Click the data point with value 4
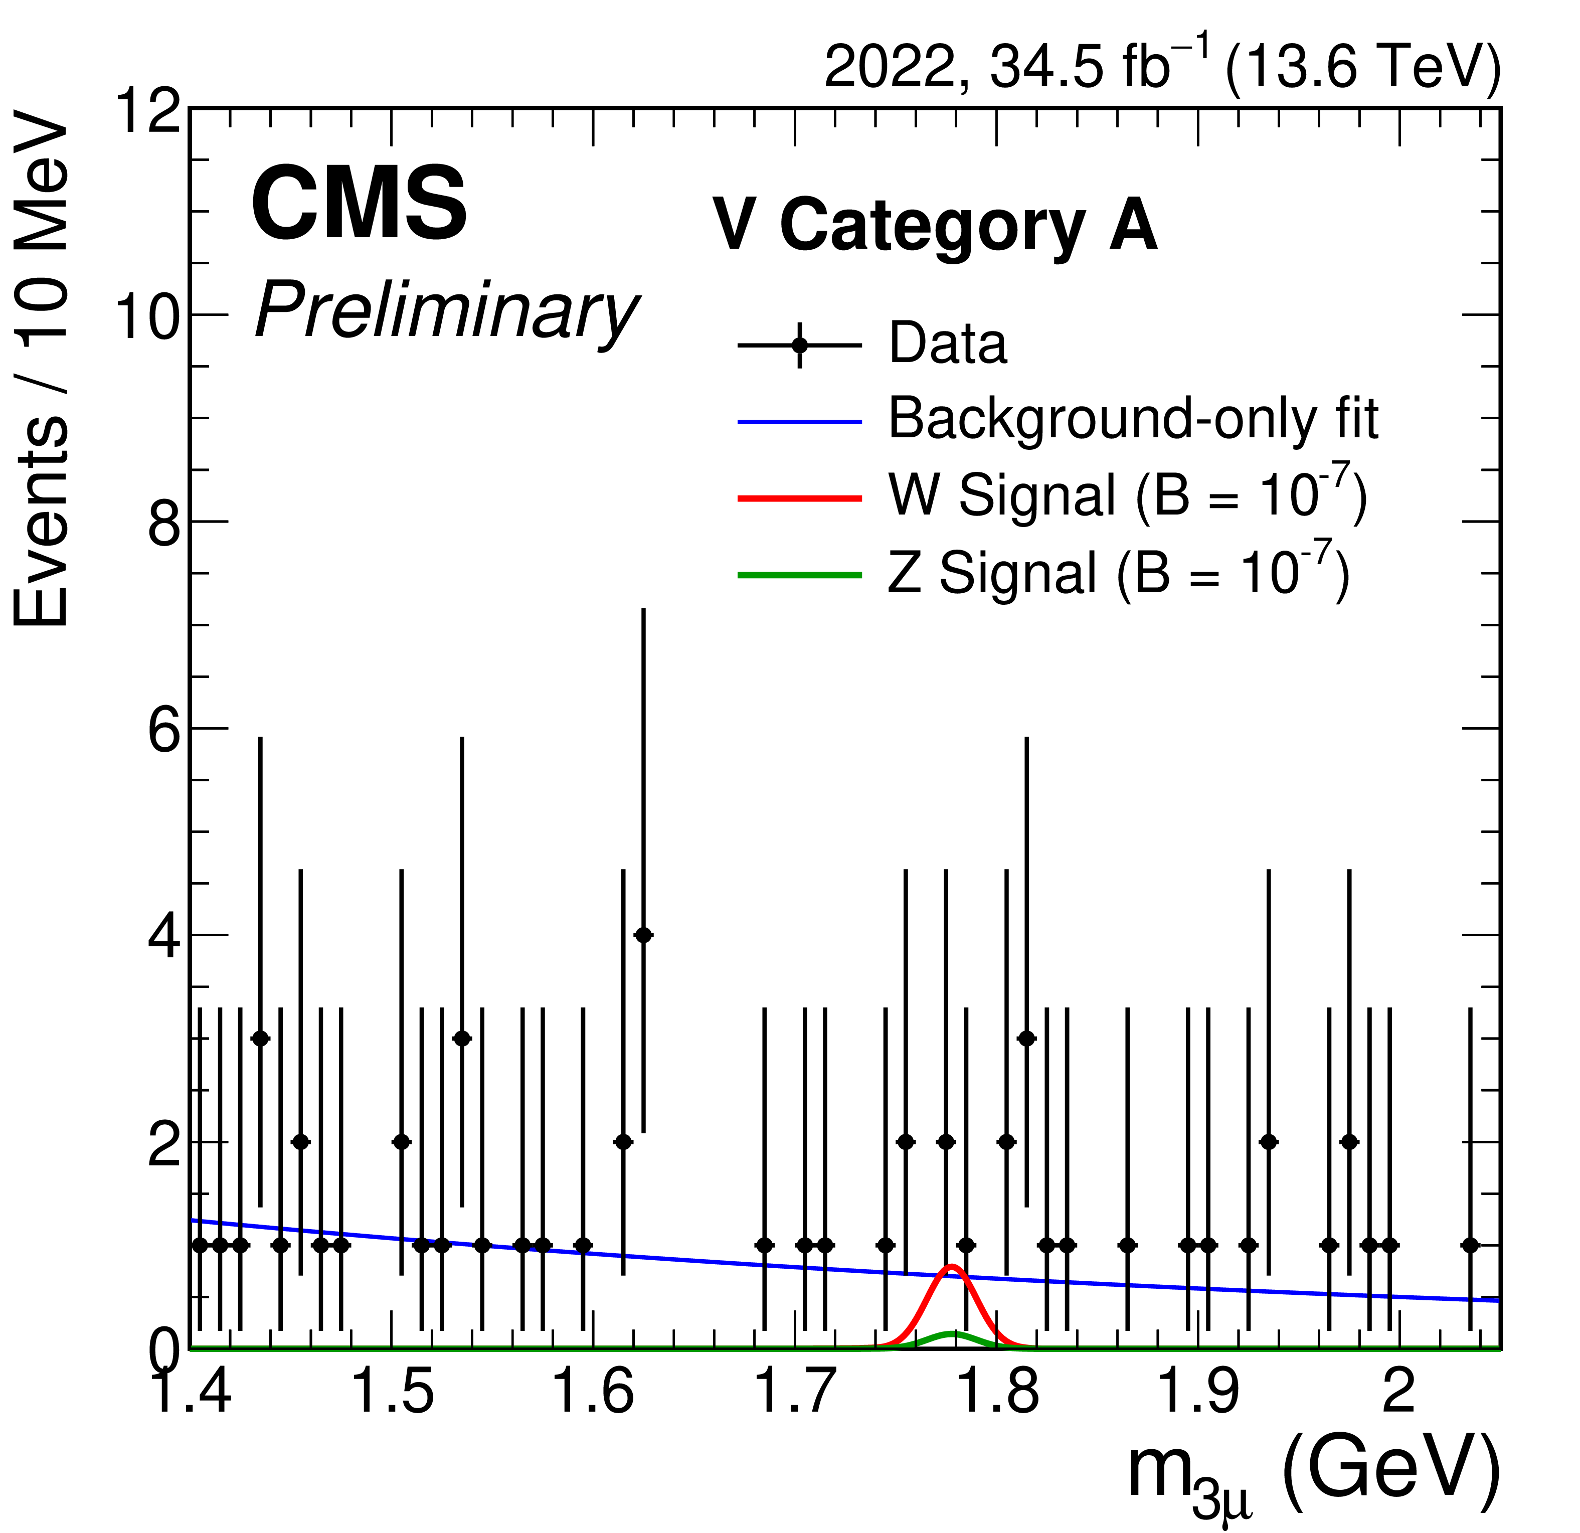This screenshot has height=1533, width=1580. coord(643,935)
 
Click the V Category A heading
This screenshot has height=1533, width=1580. coord(935,227)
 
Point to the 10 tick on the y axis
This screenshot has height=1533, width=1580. coord(147,315)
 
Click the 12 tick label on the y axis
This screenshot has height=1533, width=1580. coord(147,110)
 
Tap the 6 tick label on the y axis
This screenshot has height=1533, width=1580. coord(163,728)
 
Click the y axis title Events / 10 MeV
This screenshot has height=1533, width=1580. coord(42,370)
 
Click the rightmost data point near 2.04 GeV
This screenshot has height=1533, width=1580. coord(1470,1245)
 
